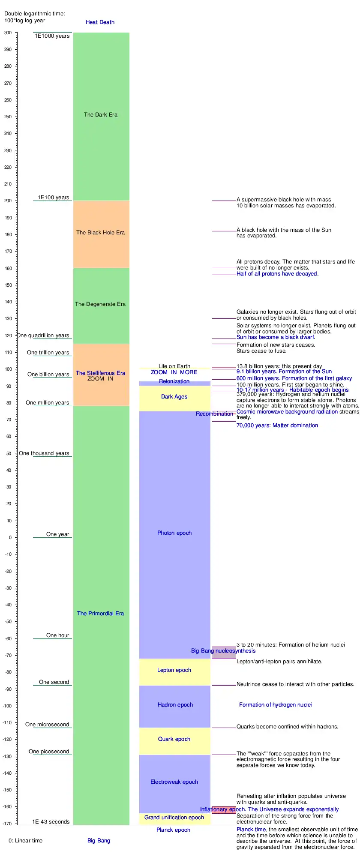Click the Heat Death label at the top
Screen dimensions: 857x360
[100, 22]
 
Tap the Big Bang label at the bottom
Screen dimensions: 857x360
[99, 840]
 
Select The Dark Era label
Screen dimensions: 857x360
[101, 115]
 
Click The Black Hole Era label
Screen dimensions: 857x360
[101, 233]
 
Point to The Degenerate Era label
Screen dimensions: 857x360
[101, 304]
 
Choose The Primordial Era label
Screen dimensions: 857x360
[101, 614]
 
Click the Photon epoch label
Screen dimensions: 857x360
[174, 533]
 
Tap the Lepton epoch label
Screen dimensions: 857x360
[174, 670]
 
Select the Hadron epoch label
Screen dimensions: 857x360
[175, 705]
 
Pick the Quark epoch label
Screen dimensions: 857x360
[174, 739]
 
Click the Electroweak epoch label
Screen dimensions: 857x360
[174, 782]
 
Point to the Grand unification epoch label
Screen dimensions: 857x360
[174, 818]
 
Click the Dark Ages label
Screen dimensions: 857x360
[174, 397]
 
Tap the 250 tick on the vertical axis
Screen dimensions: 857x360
[8, 117]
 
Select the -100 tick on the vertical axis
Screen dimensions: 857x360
[7, 706]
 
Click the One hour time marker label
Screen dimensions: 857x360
[58, 635]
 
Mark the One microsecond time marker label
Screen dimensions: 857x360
[47, 725]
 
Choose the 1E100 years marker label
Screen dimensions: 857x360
[54, 198]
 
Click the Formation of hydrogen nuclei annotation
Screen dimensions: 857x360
[276, 705]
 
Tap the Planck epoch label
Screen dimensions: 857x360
[174, 830]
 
